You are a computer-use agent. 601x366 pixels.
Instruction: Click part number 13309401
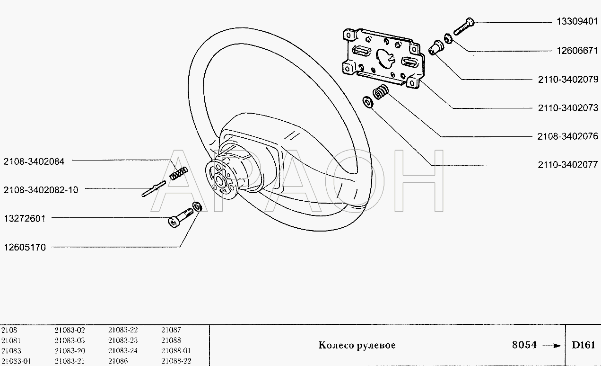coord(577,21)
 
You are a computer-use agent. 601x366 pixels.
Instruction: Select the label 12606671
coord(577,51)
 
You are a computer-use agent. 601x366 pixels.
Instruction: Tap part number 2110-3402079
coord(568,79)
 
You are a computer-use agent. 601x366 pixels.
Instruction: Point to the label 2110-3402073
coord(568,108)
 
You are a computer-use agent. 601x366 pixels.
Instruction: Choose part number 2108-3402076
coord(568,136)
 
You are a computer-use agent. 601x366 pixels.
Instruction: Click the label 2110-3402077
coord(568,164)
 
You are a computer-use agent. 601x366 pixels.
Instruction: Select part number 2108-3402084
coord(34,161)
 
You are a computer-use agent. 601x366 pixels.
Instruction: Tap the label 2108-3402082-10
coord(41,190)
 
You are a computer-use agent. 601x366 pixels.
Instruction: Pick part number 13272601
coord(25,218)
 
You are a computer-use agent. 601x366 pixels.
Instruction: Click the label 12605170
coord(25,247)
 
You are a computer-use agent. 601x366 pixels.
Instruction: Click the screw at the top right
coord(464,27)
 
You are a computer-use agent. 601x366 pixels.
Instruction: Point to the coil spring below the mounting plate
coord(381,92)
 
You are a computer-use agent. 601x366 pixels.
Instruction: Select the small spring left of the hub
coord(178,173)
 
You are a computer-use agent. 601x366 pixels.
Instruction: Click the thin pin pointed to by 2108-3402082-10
coord(154,188)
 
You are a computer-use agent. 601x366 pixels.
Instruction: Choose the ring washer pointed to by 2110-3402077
coord(367,102)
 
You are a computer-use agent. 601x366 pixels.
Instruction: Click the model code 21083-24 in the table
coord(122,351)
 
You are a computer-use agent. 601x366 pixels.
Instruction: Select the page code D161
coord(584,345)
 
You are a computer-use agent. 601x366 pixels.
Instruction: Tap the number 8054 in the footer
coord(524,345)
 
